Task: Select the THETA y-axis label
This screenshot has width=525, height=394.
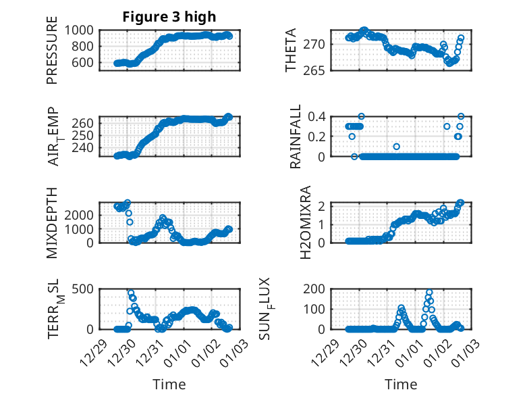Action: click(291, 50)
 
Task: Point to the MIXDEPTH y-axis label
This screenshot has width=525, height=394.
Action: click(52, 222)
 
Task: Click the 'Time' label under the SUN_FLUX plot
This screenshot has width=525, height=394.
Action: click(401, 384)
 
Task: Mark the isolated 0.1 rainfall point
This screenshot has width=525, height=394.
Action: click(397, 147)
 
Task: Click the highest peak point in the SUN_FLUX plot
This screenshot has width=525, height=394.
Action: click(429, 293)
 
